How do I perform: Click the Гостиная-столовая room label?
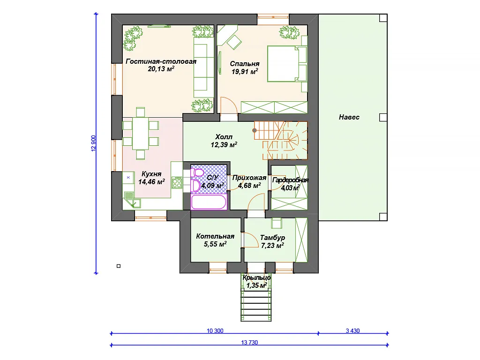161,61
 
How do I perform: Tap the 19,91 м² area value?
245,72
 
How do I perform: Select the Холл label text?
224,136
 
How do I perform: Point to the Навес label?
349,117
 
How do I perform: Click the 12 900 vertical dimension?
93,143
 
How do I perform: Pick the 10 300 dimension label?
215,330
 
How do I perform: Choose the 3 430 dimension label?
352,330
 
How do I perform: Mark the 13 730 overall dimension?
249,343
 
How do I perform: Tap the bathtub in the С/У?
209,202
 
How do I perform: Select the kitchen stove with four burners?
177,182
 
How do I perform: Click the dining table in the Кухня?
141,134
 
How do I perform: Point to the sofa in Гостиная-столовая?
203,67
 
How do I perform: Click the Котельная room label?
215,236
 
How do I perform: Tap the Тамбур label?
272,238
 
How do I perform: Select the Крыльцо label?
256,277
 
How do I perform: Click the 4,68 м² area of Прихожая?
249,186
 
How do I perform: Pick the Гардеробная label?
290,180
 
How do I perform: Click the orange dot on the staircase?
255,130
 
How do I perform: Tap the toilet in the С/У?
198,173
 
